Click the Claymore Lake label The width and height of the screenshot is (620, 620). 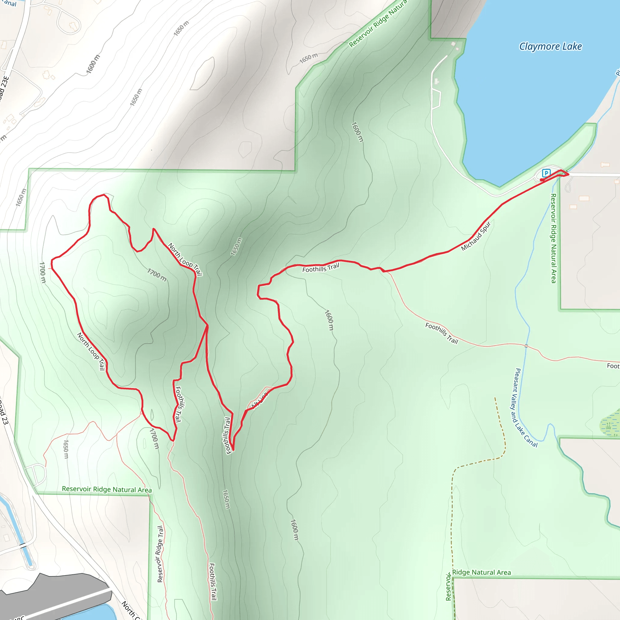(x=550, y=47)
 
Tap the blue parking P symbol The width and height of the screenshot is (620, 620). (x=546, y=173)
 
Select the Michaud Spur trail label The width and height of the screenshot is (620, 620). (x=476, y=236)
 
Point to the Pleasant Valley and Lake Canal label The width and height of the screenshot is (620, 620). (x=525, y=408)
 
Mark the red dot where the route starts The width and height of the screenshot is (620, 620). (x=542, y=180)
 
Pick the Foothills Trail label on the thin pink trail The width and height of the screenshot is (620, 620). (x=442, y=333)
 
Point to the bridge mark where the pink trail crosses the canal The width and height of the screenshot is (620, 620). (x=526, y=346)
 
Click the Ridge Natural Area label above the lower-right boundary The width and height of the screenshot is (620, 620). (x=481, y=572)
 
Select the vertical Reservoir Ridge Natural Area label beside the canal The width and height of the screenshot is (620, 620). (x=554, y=238)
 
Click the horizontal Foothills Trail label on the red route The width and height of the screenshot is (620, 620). (x=321, y=268)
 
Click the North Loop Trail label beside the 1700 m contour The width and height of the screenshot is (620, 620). (x=185, y=259)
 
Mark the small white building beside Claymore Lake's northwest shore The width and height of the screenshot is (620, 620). (x=453, y=44)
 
